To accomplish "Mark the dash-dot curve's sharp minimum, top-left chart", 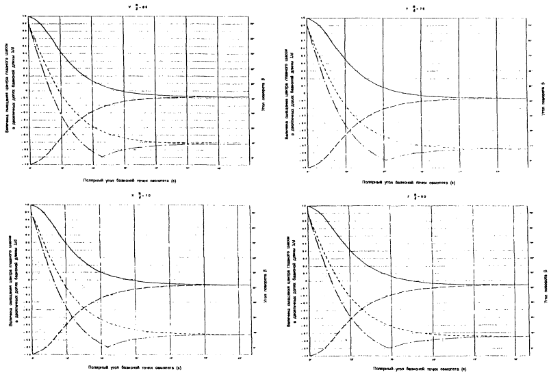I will tap(101, 157).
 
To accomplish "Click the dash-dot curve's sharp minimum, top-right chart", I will tap(385, 160).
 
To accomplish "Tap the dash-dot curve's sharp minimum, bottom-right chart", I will tap(391, 348).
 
